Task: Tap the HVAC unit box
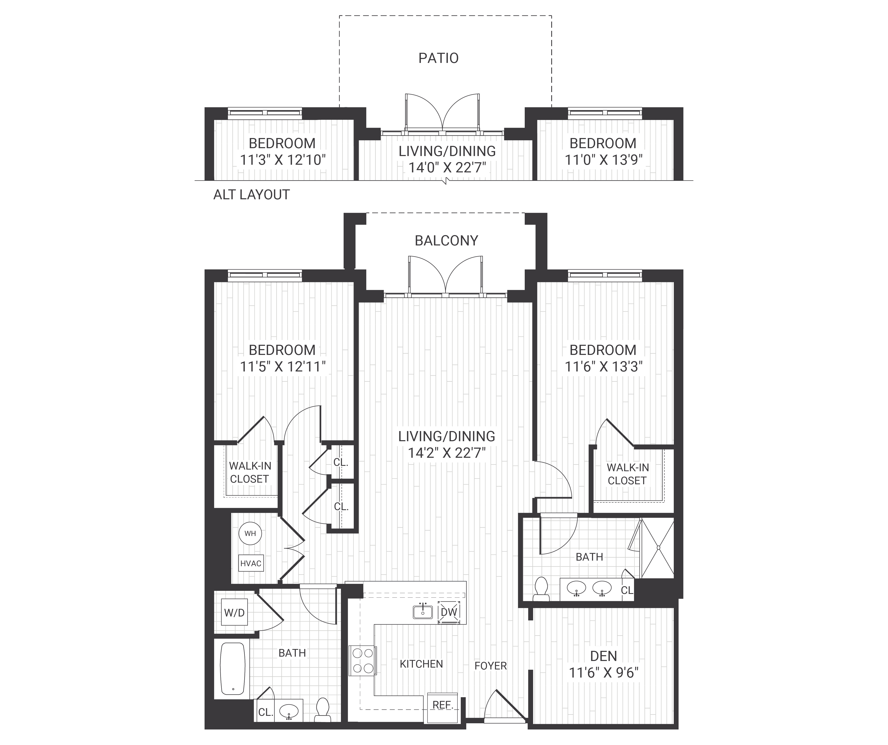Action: pos(251,563)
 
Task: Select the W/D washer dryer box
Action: pos(234,613)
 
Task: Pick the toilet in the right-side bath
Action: pos(541,589)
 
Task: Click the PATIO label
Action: pos(438,58)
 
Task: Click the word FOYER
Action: pos(491,666)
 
